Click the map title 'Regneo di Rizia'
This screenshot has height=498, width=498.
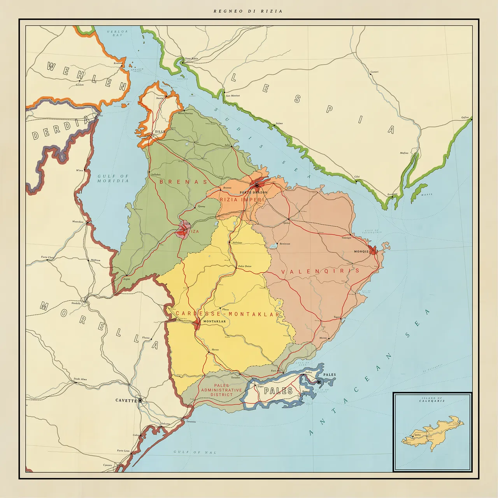[248, 11]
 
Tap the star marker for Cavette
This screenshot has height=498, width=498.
[140, 400]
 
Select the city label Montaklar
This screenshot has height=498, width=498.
[214, 321]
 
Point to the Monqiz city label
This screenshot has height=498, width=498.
[361, 251]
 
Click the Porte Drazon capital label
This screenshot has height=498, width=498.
[253, 192]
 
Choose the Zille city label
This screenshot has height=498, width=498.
[160, 132]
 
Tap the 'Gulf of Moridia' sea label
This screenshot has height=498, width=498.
[113, 179]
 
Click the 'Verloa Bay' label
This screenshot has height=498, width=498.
[117, 33]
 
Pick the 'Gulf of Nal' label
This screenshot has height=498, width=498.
[195, 452]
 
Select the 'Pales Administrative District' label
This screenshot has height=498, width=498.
[221, 390]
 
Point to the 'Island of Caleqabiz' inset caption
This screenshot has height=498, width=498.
[432, 400]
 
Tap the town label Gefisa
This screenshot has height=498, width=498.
[465, 117]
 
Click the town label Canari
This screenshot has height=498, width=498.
[374, 72]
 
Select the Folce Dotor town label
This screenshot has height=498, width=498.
[245, 266]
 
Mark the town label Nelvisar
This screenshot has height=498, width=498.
[237, 242]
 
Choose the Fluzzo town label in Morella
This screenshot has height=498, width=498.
[146, 338]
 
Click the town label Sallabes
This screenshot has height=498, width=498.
[156, 175]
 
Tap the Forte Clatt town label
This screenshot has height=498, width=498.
[47, 257]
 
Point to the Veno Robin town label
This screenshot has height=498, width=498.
[191, 58]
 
